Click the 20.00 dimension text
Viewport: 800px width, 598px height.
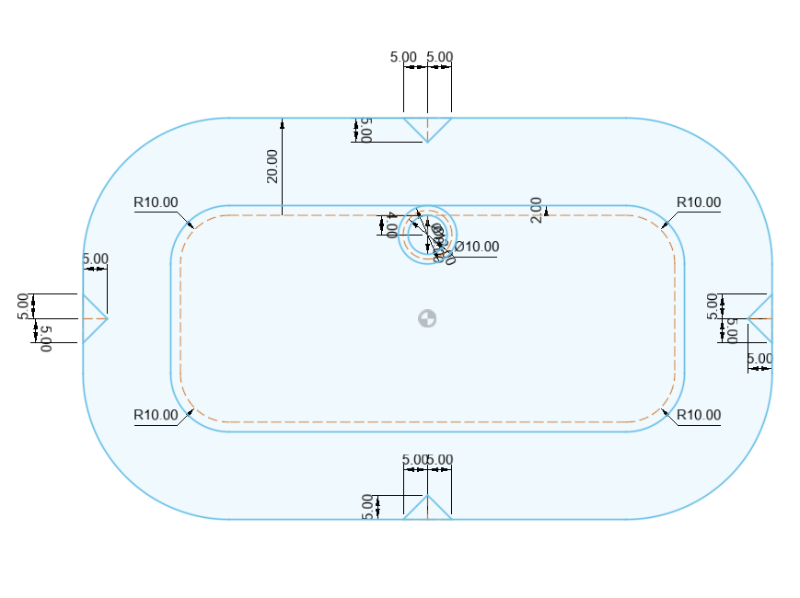coord(272,167)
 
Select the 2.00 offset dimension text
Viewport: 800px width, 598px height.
coord(537,209)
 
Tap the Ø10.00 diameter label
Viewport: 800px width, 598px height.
coord(477,247)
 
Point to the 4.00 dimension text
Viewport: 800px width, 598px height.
coord(391,224)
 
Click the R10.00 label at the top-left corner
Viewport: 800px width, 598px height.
coord(156,202)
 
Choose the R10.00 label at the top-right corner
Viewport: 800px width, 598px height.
coord(699,202)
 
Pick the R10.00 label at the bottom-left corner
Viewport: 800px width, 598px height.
coord(156,415)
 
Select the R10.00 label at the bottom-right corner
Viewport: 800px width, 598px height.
coord(699,415)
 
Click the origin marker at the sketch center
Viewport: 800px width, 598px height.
coord(427,318)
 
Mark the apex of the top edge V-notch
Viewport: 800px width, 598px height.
coord(427,142)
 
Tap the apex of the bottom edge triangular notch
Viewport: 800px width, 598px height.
coord(427,495)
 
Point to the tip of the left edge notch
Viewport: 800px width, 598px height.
coord(107,318)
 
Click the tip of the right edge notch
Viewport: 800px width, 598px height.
coord(748,318)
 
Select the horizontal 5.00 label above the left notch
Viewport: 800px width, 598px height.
coord(95,259)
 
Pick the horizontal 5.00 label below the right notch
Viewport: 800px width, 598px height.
coord(759,359)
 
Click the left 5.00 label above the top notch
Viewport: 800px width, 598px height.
coord(403,57)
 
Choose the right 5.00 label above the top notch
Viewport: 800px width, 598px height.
coord(440,57)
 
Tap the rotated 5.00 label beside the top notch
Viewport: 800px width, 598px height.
coord(365,130)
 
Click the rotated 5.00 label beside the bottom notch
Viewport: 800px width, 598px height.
coord(368,507)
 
